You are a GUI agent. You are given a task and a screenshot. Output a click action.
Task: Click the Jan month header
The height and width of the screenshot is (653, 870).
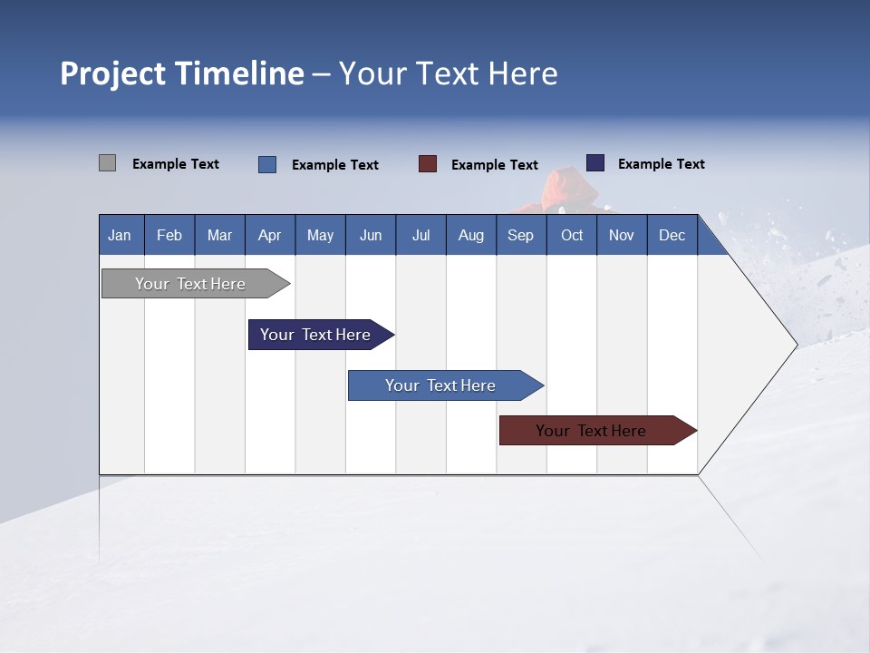[x=121, y=235]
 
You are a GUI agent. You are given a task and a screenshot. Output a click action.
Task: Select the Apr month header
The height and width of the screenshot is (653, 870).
[x=270, y=235]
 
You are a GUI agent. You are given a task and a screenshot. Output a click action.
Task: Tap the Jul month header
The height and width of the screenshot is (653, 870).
[x=420, y=235]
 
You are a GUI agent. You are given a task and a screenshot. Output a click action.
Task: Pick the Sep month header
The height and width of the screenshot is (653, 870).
[x=520, y=235]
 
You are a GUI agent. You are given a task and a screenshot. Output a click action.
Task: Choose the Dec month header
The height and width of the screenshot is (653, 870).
[x=672, y=235]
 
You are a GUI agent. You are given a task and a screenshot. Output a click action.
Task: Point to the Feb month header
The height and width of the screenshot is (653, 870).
[x=169, y=235]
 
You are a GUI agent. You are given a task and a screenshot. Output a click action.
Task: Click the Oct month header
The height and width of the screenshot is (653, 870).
[x=572, y=235]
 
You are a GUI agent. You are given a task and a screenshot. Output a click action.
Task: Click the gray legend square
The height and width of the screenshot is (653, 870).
[x=107, y=163]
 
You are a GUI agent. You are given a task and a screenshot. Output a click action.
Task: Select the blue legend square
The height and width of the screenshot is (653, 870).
[x=267, y=164]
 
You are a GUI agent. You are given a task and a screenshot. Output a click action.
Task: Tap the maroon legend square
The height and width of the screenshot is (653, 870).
[x=428, y=164]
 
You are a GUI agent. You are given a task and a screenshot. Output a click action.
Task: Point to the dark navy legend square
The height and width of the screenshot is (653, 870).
[x=595, y=163]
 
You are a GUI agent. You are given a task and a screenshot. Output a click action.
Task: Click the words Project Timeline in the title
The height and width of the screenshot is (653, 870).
[x=182, y=73]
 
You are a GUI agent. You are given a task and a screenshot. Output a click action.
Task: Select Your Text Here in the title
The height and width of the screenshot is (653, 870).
[x=449, y=73]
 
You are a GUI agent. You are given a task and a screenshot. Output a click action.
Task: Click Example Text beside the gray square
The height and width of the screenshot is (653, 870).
[x=176, y=164]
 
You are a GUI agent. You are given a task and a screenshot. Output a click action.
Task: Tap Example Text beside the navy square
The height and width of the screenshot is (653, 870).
[x=662, y=164]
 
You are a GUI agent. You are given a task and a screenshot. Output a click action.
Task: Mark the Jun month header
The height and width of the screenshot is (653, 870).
[x=371, y=235]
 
